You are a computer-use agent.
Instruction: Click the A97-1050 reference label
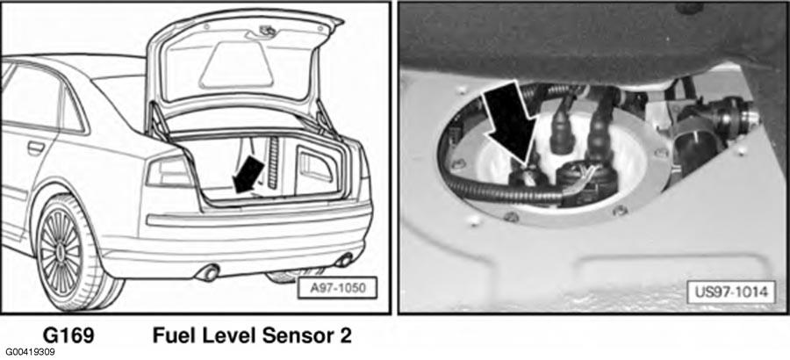pyautogui.click(x=337, y=288)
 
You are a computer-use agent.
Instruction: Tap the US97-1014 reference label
pyautogui.click(x=730, y=292)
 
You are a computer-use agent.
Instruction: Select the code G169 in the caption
pyautogui.click(x=68, y=335)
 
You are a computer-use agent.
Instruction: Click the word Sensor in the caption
pyautogui.click(x=284, y=335)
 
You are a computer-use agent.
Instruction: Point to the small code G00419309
pyautogui.click(x=31, y=352)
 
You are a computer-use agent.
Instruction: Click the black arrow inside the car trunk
pyautogui.click(x=249, y=174)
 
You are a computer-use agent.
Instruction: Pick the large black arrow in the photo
pyautogui.click(x=510, y=123)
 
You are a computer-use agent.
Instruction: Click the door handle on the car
pyautogui.click(x=36, y=148)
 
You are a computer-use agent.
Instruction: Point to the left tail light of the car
pyautogui.click(x=169, y=172)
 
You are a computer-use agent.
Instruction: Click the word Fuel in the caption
pyautogui.click(x=172, y=335)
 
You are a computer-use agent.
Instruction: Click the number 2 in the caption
pyautogui.click(x=346, y=335)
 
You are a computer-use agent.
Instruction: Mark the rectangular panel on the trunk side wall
pyautogui.click(x=316, y=168)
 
